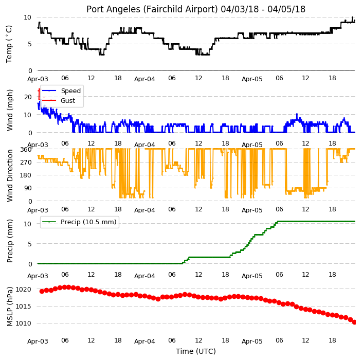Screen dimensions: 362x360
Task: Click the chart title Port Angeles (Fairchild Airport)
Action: click(152, 9)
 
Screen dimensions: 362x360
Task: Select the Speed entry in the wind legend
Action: click(71, 91)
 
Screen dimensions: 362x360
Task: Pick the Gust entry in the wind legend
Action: click(68, 100)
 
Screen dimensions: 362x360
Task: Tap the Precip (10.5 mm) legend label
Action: click(88, 222)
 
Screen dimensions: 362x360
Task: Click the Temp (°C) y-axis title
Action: click(9, 44)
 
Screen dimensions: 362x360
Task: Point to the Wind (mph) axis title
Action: click(10, 110)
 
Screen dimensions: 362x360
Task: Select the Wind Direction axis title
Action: click(10, 175)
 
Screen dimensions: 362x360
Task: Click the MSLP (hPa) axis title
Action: click(10, 306)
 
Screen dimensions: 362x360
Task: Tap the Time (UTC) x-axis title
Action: click(196, 351)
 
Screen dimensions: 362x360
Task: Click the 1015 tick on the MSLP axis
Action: click(23, 306)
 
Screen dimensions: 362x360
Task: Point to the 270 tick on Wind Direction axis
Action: click(26, 163)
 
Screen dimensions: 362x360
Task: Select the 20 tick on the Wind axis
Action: click(28, 97)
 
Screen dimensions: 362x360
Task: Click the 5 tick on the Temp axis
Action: click(29, 44)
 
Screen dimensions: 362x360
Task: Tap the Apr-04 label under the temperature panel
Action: click(144, 79)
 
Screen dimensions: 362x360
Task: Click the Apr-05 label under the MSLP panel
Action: click(252, 341)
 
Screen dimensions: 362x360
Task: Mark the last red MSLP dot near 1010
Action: click(354, 322)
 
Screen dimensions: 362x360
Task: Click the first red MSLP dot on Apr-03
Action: click(42, 292)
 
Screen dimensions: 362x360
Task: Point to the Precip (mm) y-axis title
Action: click(10, 241)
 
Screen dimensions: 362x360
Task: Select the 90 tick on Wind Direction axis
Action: click(28, 188)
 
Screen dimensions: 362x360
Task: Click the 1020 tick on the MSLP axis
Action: click(23, 290)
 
